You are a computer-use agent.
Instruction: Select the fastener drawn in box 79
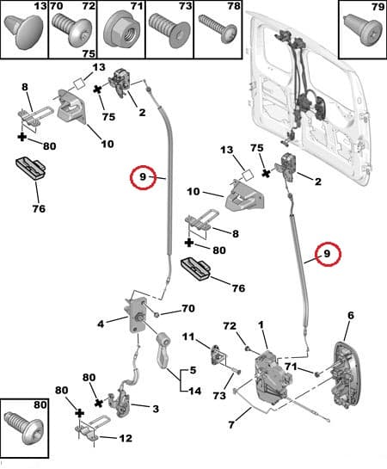click(x=363, y=31)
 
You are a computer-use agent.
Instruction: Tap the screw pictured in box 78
click(x=218, y=29)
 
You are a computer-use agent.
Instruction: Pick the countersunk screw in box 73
click(x=169, y=30)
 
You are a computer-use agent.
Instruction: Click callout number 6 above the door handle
click(x=351, y=315)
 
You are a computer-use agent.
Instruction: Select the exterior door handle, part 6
click(x=347, y=375)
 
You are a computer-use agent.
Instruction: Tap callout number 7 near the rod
click(x=231, y=424)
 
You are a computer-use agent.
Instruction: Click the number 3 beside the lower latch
click(x=156, y=409)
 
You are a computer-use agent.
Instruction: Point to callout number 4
click(x=101, y=324)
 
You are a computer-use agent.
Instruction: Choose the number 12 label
click(x=126, y=438)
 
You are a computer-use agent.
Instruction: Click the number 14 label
click(x=194, y=391)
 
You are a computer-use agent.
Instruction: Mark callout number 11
click(x=188, y=336)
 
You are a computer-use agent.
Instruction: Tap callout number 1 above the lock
click(x=261, y=324)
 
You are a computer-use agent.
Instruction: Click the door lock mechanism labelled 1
click(x=273, y=378)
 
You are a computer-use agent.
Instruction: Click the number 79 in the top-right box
click(x=378, y=7)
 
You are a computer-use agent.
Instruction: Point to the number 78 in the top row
click(x=234, y=6)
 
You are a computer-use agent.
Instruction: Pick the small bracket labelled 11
click(x=219, y=355)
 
